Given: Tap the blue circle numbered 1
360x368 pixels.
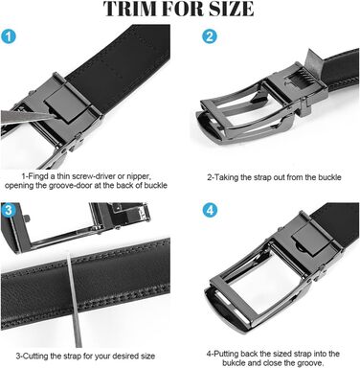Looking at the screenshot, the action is [x=9, y=36].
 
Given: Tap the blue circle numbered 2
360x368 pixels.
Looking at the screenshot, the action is [x=210, y=36].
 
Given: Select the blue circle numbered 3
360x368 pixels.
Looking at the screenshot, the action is [x=9, y=210].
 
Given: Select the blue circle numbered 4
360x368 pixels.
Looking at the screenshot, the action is [x=210, y=210].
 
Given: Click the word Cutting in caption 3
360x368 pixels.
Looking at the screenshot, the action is [x=36, y=356].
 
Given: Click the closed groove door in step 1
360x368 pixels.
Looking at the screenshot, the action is [x=65, y=103].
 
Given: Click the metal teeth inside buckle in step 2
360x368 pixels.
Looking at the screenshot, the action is [x=300, y=80].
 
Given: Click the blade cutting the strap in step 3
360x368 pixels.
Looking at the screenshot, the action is [x=74, y=299].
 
